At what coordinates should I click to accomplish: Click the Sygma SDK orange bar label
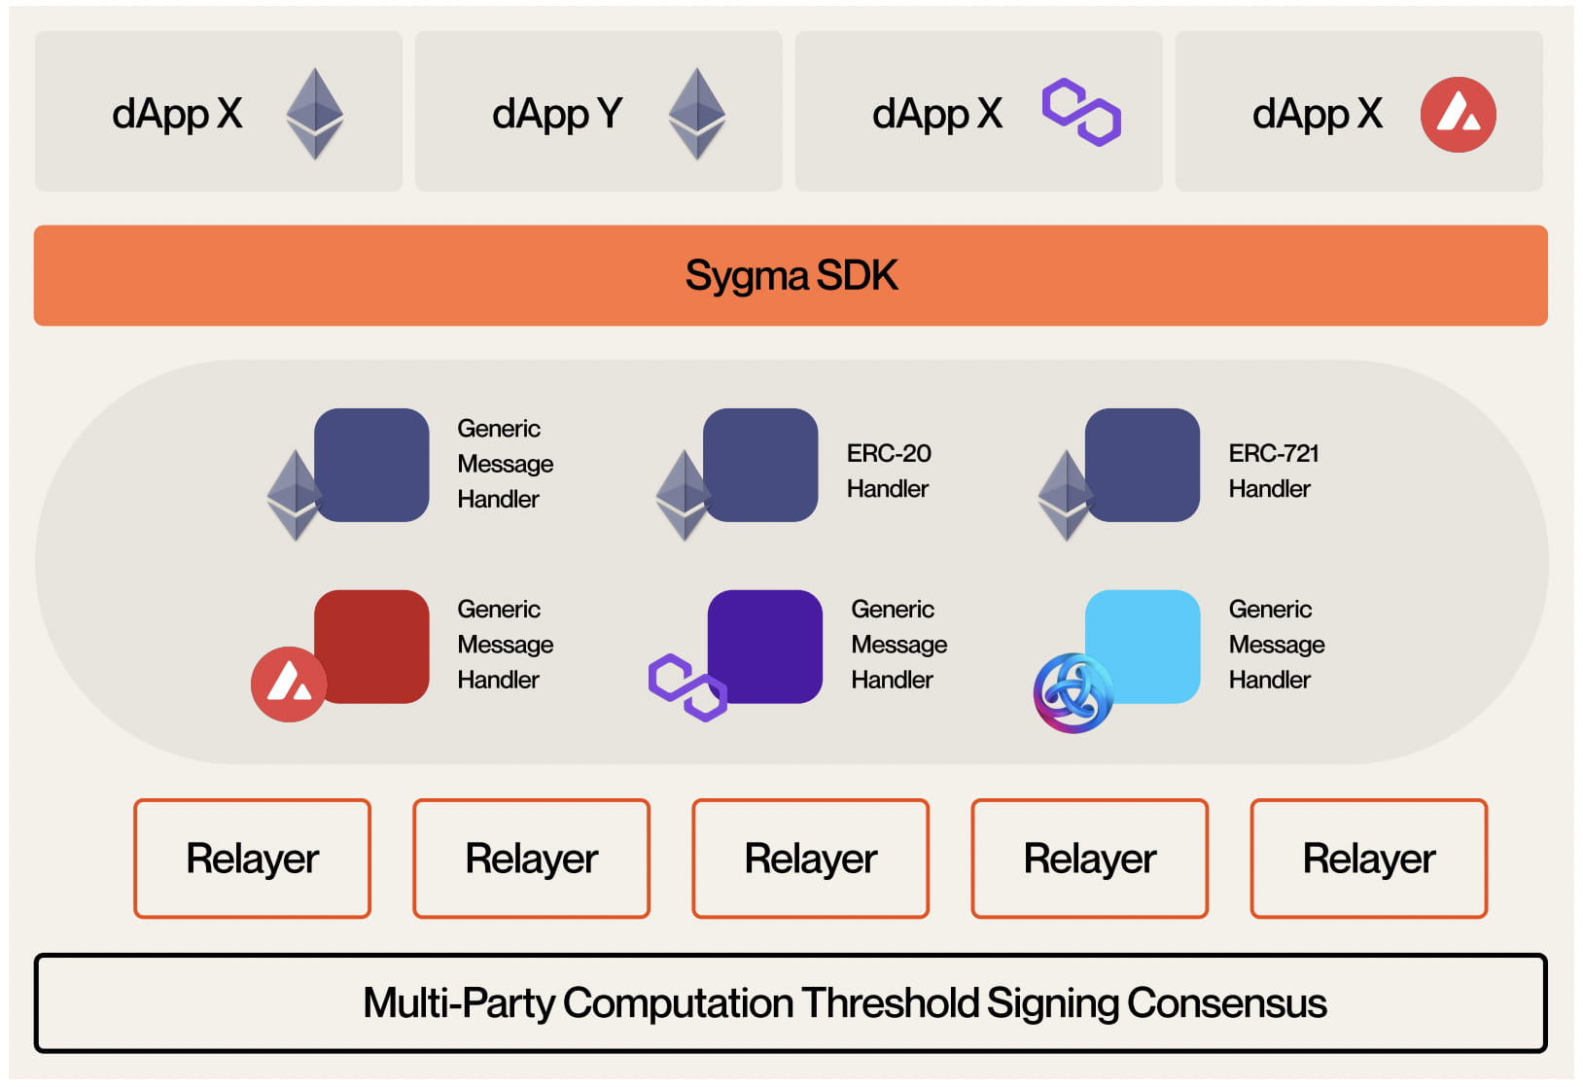[791, 276]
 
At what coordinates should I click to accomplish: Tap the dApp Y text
[556, 115]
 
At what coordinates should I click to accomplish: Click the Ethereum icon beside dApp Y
[696, 113]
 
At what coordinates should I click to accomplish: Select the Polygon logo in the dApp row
[1081, 113]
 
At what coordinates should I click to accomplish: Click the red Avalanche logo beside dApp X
[1458, 115]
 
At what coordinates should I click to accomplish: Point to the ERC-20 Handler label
[888, 471]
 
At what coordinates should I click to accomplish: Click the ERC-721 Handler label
[1272, 471]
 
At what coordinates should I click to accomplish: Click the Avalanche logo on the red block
[289, 684]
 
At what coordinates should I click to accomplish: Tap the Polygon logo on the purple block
[686, 687]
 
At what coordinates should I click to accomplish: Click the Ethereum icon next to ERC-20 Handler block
[683, 494]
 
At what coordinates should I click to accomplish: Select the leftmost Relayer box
[252, 859]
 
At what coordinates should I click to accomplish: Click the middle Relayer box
[810, 859]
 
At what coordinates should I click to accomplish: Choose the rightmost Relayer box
[1368, 859]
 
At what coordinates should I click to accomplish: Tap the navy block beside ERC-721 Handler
[1143, 464]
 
